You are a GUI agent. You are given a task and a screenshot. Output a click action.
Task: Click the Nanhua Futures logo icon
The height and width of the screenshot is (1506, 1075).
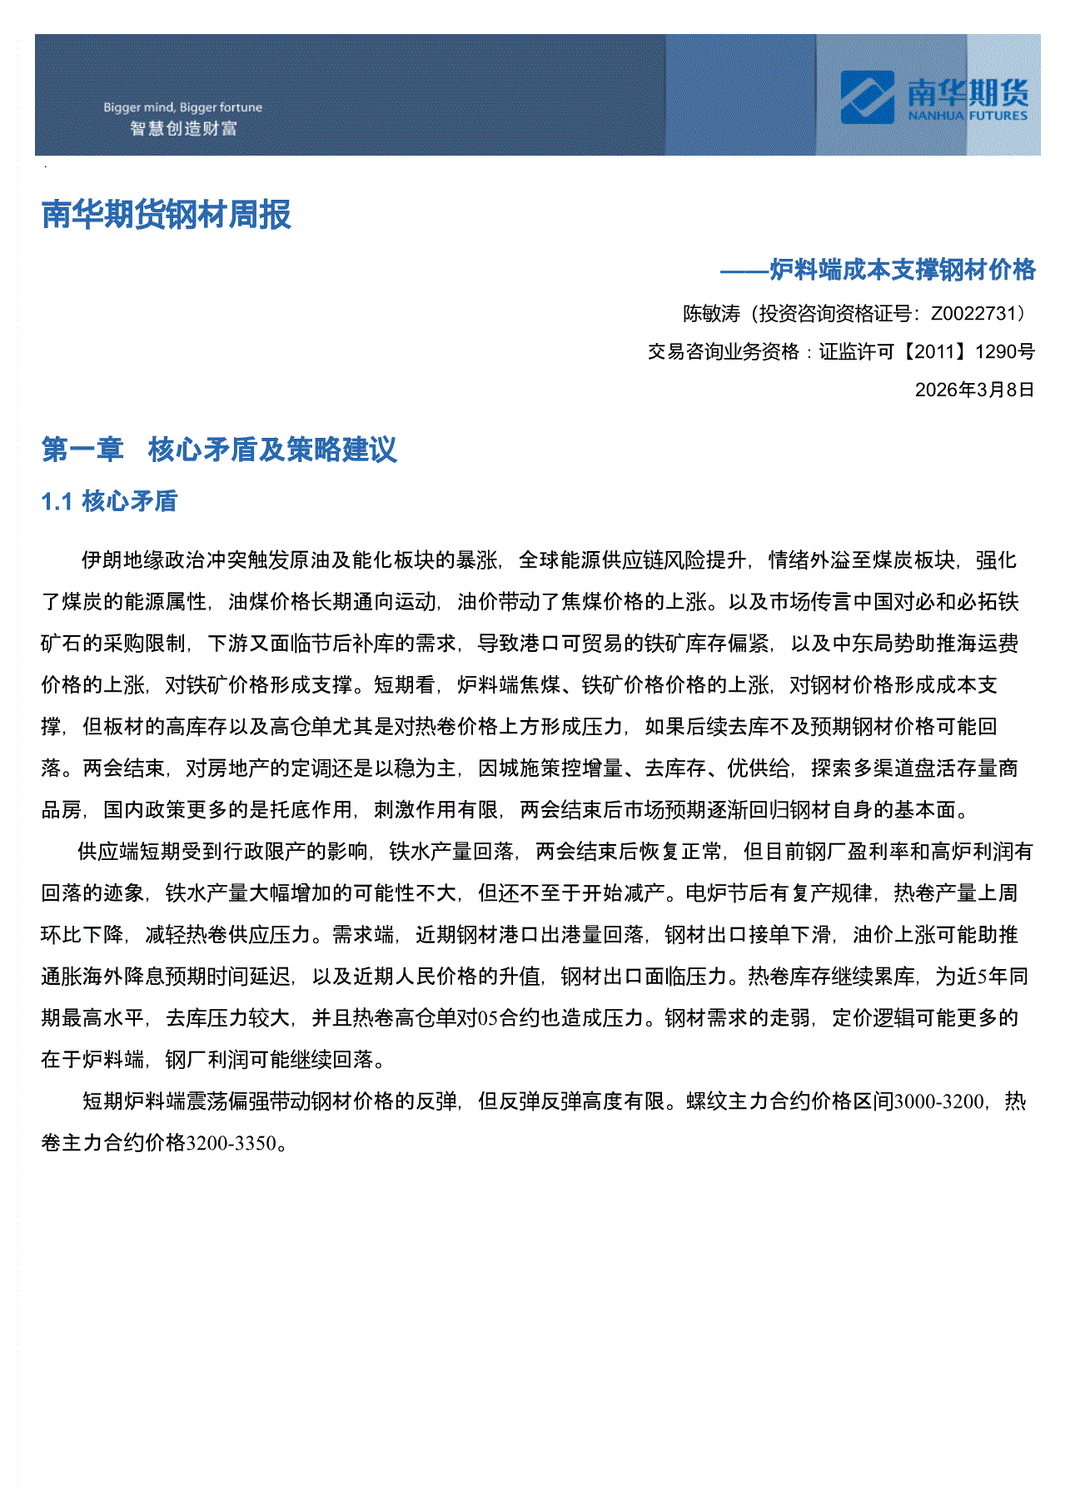pos(868,97)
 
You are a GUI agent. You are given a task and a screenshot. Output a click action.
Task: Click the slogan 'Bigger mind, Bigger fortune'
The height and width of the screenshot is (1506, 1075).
pos(182,107)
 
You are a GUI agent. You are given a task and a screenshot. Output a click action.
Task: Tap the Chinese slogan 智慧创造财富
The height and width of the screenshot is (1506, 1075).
pos(183,128)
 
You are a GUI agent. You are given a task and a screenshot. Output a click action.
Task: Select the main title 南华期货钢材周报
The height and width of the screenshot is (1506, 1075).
pos(167,215)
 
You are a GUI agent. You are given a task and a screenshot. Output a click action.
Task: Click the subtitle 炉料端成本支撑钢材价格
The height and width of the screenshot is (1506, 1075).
pos(902,270)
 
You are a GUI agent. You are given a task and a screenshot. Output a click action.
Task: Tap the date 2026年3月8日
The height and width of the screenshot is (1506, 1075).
pos(974,390)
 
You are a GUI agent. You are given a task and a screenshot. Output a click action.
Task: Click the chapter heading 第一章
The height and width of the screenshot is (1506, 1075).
pos(82,450)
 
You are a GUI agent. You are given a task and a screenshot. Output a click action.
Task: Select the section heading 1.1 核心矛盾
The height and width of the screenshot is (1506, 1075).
pos(109,501)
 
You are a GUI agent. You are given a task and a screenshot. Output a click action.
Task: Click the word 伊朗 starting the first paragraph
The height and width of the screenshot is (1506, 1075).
pos(102,560)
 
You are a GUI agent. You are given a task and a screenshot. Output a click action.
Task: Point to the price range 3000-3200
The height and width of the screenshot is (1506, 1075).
pos(938,1101)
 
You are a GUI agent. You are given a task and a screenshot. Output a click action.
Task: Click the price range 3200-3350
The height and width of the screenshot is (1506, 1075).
pos(231,1143)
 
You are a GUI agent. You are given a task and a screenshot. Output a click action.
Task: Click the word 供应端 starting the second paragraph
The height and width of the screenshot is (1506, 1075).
pos(108,852)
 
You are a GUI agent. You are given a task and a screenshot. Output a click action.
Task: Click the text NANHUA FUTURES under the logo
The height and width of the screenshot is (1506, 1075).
pos(968,116)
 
